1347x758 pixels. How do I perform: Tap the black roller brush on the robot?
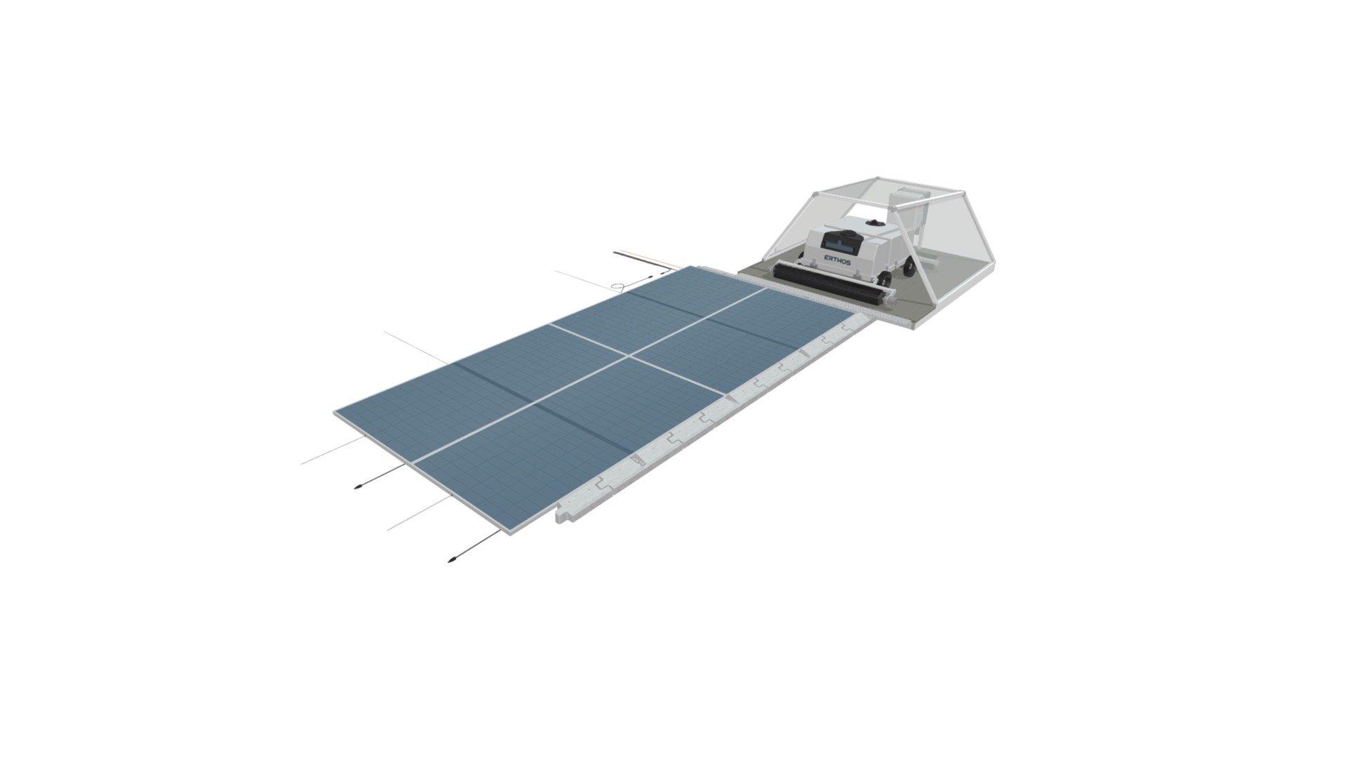pyautogui.click(x=828, y=284)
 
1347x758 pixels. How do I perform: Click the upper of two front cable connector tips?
pyautogui.click(x=358, y=486)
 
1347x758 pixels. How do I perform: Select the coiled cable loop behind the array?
pyautogui.click(x=619, y=286)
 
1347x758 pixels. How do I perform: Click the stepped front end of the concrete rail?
pyautogui.click(x=561, y=517)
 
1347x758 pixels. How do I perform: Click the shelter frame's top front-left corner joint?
pyautogui.click(x=814, y=194)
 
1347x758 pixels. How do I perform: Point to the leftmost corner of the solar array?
pyautogui.click(x=336, y=412)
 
